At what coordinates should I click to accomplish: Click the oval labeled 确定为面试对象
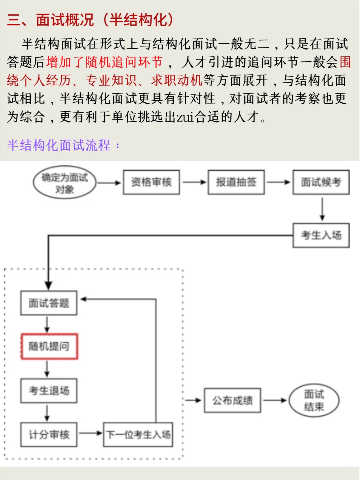point(64,182)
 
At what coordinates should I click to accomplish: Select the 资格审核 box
point(151,182)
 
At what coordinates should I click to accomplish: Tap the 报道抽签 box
point(236,182)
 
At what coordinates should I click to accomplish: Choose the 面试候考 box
point(321,182)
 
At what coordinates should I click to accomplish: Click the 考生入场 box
point(321,235)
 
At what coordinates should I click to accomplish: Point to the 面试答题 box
point(49,303)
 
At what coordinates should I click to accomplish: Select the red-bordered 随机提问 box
point(49,346)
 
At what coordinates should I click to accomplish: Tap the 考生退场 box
point(49,391)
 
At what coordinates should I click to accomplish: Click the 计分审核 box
point(49,435)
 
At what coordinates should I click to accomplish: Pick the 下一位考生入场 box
point(138,435)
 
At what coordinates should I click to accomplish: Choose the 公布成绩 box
point(233,400)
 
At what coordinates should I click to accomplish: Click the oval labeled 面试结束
point(314,400)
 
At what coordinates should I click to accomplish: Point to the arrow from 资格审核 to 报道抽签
point(194,182)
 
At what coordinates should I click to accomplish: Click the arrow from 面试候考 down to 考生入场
point(322,209)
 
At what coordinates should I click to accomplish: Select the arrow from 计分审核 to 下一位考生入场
point(90,433)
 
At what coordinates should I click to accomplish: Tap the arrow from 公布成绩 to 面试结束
point(275,400)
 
